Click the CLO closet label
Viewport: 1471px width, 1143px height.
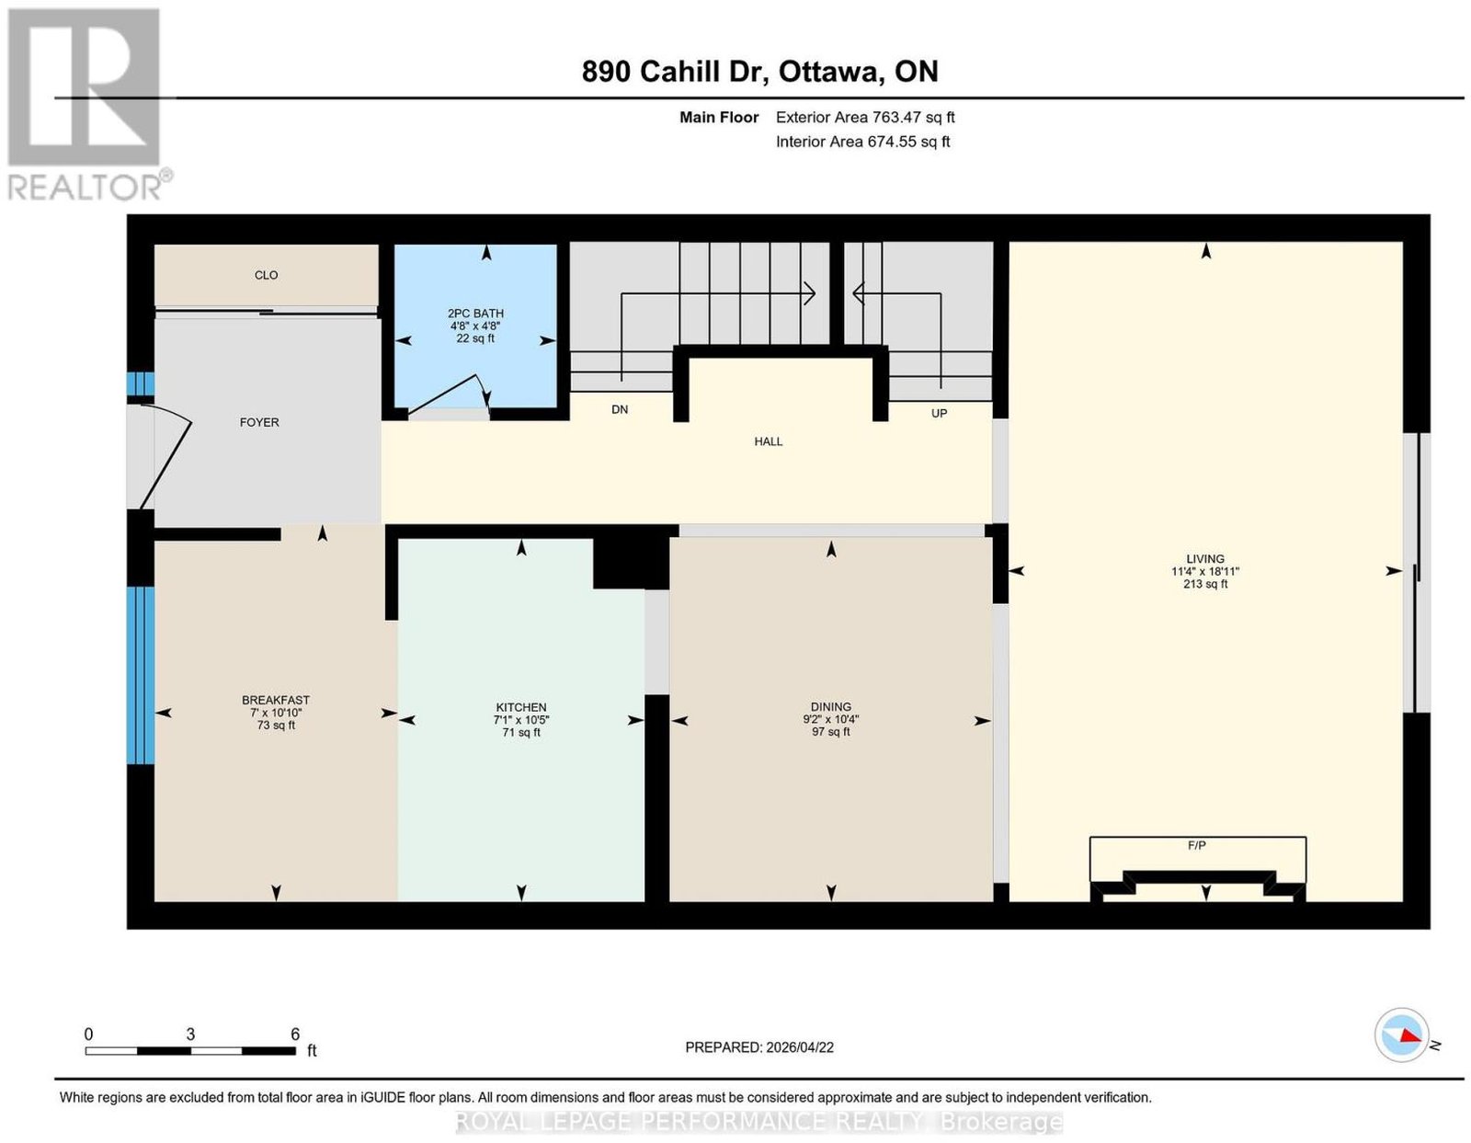pyautogui.click(x=266, y=275)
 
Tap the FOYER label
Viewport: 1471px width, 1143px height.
pyautogui.click(x=259, y=422)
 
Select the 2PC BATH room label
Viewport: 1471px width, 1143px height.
pyautogui.click(x=475, y=314)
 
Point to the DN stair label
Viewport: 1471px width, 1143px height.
pyautogui.click(x=620, y=409)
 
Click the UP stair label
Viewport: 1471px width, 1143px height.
pyautogui.click(x=939, y=413)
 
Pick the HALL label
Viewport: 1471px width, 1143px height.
pyautogui.click(x=769, y=441)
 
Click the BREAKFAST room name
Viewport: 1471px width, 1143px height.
pyautogui.click(x=276, y=700)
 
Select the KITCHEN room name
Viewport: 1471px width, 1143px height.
pyautogui.click(x=520, y=707)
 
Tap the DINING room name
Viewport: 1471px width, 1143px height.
pyautogui.click(x=830, y=706)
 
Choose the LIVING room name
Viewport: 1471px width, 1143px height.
pyautogui.click(x=1205, y=558)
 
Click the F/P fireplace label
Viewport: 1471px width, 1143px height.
pyautogui.click(x=1196, y=845)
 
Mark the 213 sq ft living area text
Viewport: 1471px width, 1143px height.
pyautogui.click(x=1205, y=583)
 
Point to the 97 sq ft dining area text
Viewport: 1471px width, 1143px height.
pyautogui.click(x=830, y=732)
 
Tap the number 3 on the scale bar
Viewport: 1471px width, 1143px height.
pyautogui.click(x=190, y=1034)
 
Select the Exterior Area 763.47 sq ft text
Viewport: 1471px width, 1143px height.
pyautogui.click(x=865, y=117)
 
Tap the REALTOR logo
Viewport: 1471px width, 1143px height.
pyautogui.click(x=88, y=105)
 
